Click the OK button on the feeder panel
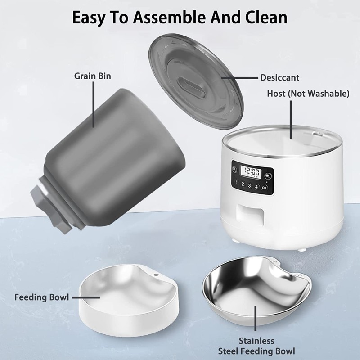(264, 188)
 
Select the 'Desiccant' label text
(279, 78)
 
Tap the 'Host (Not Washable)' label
(308, 94)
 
